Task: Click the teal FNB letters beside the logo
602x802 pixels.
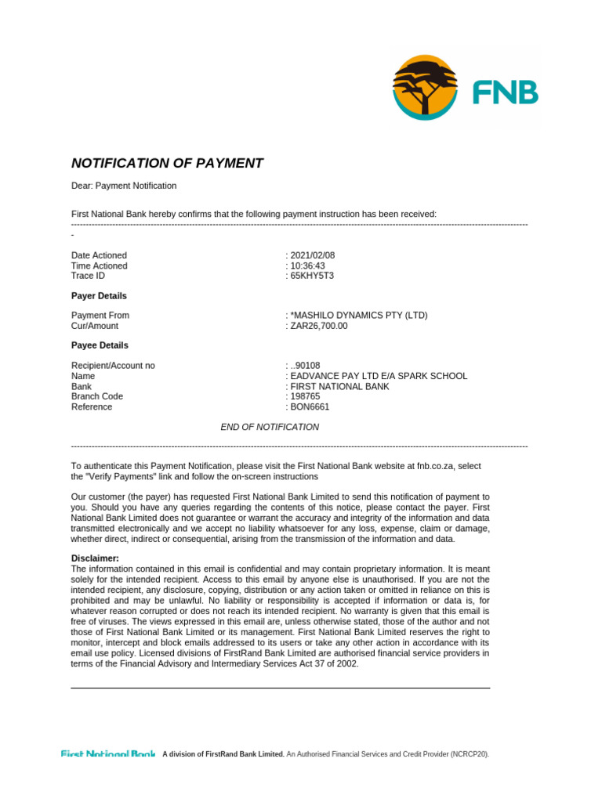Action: tap(505, 93)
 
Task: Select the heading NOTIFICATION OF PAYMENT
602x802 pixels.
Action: tap(167, 164)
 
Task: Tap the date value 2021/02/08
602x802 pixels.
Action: tap(314, 255)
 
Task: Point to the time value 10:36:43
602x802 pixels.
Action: tap(309, 266)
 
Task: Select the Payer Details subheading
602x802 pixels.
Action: tap(99, 296)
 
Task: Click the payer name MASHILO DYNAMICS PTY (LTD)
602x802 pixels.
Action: tap(359, 316)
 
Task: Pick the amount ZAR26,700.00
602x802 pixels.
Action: tap(319, 326)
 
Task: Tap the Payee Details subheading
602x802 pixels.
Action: tap(100, 345)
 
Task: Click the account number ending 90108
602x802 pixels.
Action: tap(306, 366)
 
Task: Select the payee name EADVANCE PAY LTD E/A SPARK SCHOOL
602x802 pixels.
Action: tap(379, 376)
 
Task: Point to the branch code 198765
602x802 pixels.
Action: tap(306, 396)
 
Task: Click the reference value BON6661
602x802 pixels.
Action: tap(310, 406)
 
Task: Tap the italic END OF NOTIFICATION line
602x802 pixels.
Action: tap(270, 427)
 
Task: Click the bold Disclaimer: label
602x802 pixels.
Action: tap(95, 558)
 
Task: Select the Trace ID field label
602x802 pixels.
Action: tap(88, 276)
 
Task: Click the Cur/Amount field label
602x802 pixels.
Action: tap(95, 326)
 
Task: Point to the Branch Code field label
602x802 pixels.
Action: tap(97, 396)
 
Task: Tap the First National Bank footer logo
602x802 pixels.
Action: tap(108, 753)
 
